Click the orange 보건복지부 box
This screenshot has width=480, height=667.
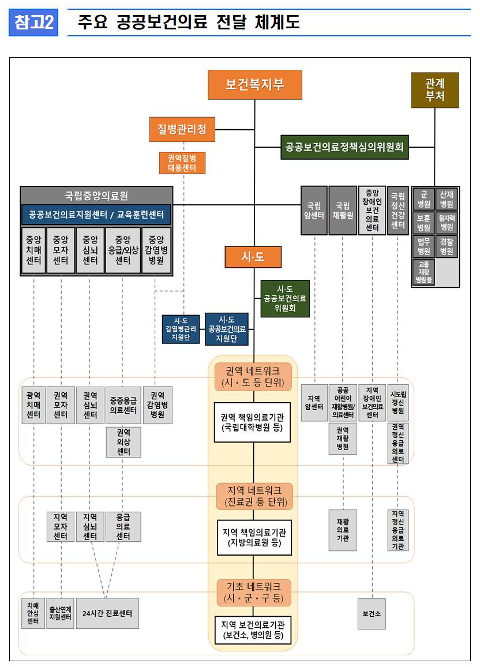(254, 85)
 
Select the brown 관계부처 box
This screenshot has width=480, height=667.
(434, 90)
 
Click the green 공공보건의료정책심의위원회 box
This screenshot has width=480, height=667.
(344, 147)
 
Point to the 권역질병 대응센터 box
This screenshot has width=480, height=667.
(182, 163)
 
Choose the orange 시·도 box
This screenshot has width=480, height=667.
(253, 257)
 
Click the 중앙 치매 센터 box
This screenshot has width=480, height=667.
(33, 250)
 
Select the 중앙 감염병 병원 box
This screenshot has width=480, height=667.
(156, 250)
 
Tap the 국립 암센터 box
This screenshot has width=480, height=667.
(314, 210)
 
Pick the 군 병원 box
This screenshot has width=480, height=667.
(424, 199)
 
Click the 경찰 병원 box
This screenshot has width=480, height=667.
(447, 246)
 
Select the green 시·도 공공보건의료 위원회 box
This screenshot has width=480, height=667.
(285, 298)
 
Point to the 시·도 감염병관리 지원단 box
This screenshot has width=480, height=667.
(181, 329)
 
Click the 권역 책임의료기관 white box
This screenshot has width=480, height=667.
(252, 422)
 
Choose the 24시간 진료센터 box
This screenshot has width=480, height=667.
(107, 613)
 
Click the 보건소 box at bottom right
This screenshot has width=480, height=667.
(372, 614)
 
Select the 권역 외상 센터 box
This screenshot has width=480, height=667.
(123, 441)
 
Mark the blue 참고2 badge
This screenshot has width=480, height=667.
(33, 23)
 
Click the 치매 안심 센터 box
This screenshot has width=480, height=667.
(33, 613)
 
